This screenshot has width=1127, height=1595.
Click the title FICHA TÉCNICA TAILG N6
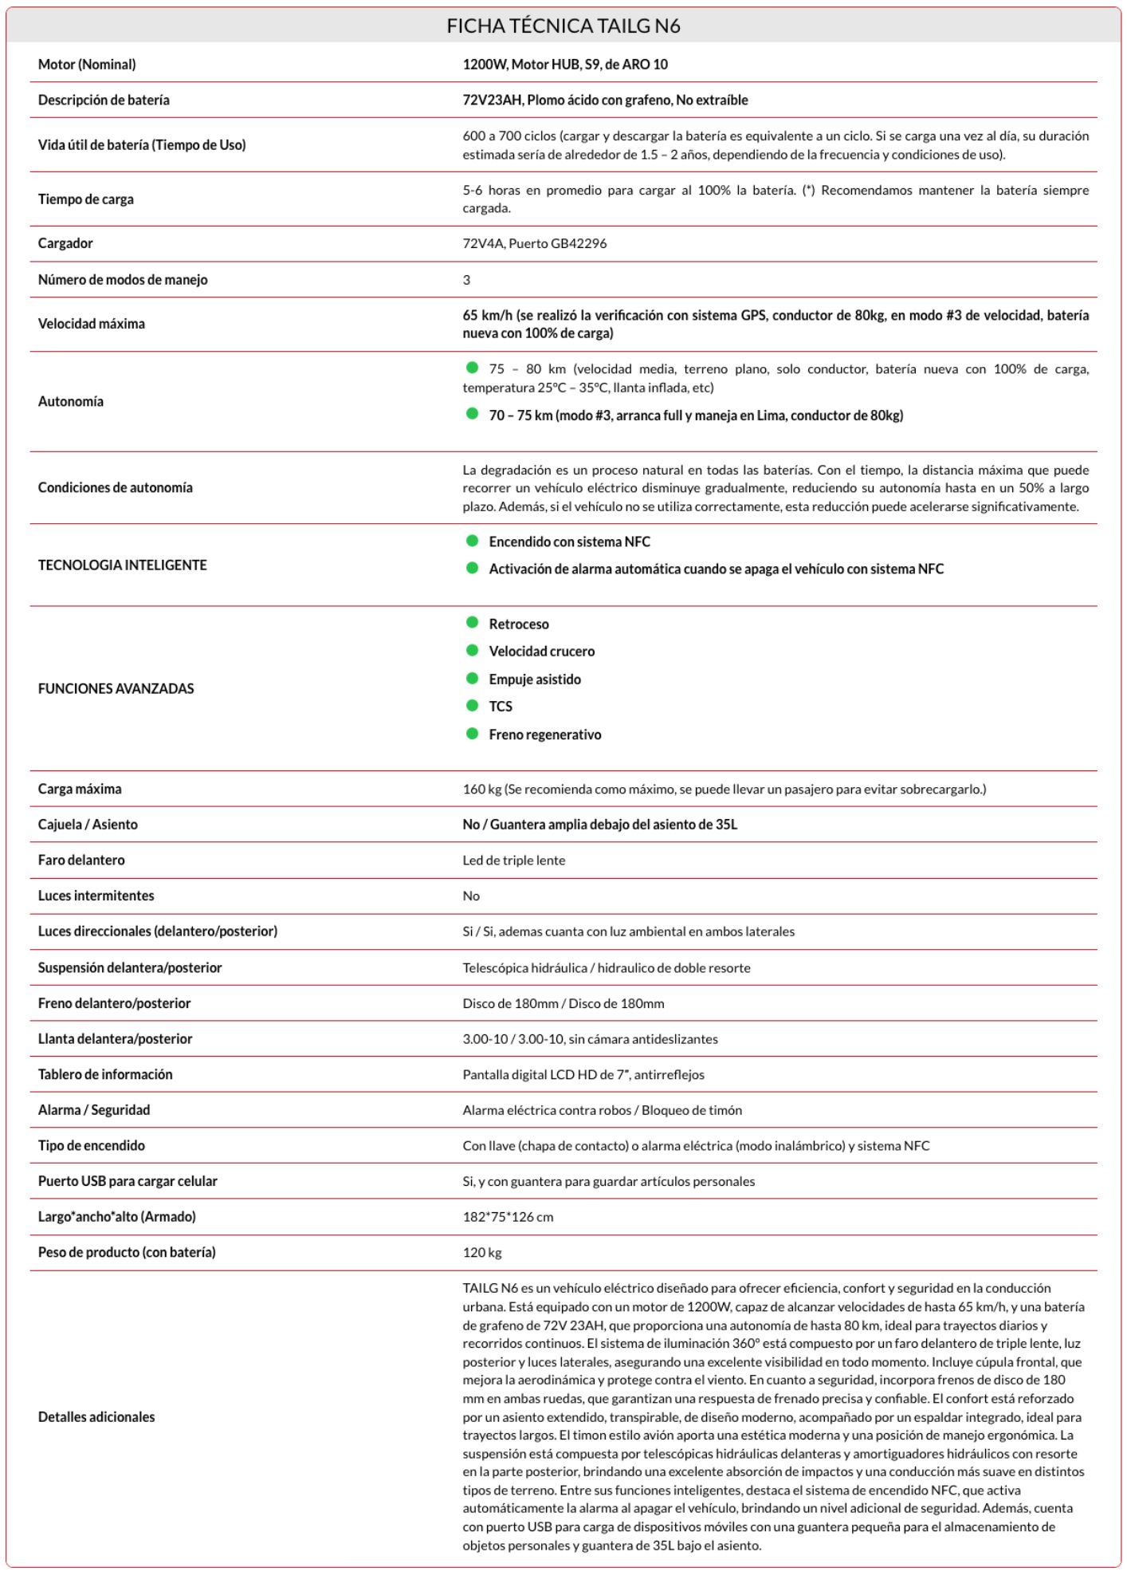[x=563, y=26]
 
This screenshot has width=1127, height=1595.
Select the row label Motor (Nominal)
[x=87, y=65]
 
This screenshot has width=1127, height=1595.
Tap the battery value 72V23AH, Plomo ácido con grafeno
[x=605, y=100]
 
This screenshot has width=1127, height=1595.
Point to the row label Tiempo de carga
[x=86, y=199]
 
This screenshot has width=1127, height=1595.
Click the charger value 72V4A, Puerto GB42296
[x=534, y=244]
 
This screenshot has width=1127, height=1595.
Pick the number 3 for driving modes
[x=466, y=280]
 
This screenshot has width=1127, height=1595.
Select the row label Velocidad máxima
[x=92, y=324]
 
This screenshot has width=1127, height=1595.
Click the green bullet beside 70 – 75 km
[x=472, y=414]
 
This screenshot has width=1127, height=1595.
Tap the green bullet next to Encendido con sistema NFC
[x=472, y=541]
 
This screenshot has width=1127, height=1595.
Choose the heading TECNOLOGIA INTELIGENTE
[x=122, y=565]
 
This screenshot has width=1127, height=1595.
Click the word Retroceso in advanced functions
[x=519, y=624]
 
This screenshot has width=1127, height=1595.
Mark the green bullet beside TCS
[x=472, y=706]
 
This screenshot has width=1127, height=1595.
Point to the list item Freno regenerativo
[x=545, y=734]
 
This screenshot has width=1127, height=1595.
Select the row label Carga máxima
[x=80, y=790]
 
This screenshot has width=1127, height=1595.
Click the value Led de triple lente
[x=514, y=861]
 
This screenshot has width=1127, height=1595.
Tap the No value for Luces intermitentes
[x=471, y=896]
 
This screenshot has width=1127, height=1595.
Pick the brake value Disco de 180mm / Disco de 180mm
[x=563, y=1004]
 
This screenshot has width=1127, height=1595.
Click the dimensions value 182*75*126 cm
[x=508, y=1217]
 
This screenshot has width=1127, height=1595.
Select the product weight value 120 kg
[x=482, y=1253]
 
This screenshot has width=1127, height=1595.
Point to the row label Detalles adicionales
[x=96, y=1417]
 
